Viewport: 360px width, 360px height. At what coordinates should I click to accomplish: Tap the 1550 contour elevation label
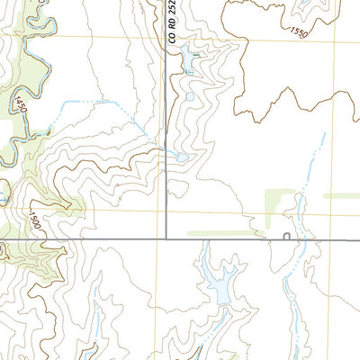(x=299, y=31)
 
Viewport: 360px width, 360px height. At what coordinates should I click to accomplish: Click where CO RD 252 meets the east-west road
(x=166, y=238)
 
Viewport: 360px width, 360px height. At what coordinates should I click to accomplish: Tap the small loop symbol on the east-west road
(x=285, y=237)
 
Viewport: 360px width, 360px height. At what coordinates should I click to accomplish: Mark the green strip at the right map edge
(x=342, y=195)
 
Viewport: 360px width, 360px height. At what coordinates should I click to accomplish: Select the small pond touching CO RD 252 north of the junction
(x=181, y=157)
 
